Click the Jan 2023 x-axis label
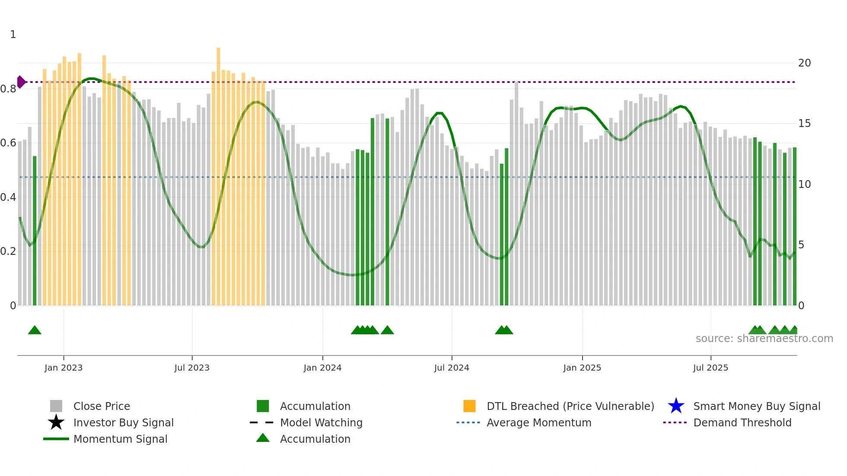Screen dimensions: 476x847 [x=64, y=368]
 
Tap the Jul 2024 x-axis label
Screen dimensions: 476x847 [x=452, y=368]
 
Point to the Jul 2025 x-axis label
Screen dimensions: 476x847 [x=710, y=368]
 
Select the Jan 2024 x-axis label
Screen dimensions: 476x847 [x=322, y=368]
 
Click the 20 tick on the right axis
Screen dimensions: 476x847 [x=804, y=63]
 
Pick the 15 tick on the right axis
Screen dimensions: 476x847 [x=804, y=124]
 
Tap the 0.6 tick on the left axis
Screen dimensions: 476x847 [x=8, y=143]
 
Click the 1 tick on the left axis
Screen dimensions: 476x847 [x=13, y=35]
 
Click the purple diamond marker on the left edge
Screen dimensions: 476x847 [x=21, y=82]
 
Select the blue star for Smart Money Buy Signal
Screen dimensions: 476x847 [x=676, y=406]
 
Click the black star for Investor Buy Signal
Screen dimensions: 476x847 [x=56, y=422]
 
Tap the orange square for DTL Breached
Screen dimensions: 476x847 [x=469, y=406]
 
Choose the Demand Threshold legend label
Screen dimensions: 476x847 [x=742, y=422]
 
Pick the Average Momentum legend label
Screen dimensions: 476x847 [x=539, y=422]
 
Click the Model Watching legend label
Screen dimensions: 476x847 [x=321, y=422]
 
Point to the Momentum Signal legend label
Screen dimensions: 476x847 [x=120, y=439]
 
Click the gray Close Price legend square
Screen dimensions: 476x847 [x=56, y=406]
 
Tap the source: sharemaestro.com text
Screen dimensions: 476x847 [x=764, y=339]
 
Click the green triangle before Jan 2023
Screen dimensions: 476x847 [x=35, y=330]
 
